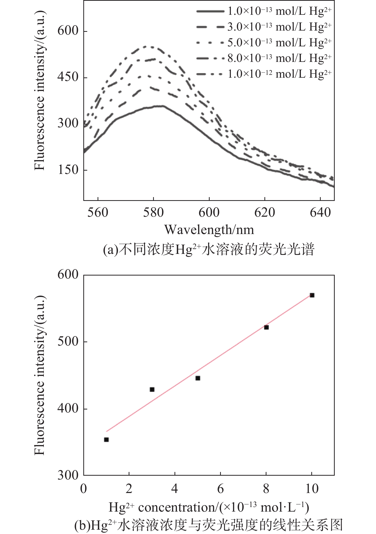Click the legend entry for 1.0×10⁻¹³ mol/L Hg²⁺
click(264, 11)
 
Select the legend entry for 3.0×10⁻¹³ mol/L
click(264, 27)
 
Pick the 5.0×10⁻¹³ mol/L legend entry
click(264, 43)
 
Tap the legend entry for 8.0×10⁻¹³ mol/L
click(264, 58)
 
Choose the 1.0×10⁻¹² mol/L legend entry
click(264, 74)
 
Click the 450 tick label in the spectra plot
click(68, 77)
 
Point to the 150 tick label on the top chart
click(68, 170)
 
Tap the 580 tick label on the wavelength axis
click(153, 212)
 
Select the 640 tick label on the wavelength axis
click(320, 212)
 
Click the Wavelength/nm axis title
click(209, 230)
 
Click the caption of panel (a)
click(209, 249)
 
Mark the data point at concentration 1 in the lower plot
click(106, 440)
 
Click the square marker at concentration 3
click(152, 390)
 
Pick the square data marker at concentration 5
click(198, 378)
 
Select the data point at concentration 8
click(266, 327)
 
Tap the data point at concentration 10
click(312, 295)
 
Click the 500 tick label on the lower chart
click(68, 341)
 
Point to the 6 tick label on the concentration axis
click(220, 489)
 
